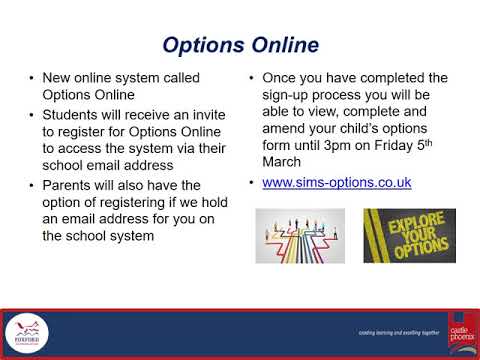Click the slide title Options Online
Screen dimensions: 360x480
point(240,45)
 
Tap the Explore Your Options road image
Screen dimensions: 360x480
point(408,235)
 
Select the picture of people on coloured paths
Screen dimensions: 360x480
point(300,235)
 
